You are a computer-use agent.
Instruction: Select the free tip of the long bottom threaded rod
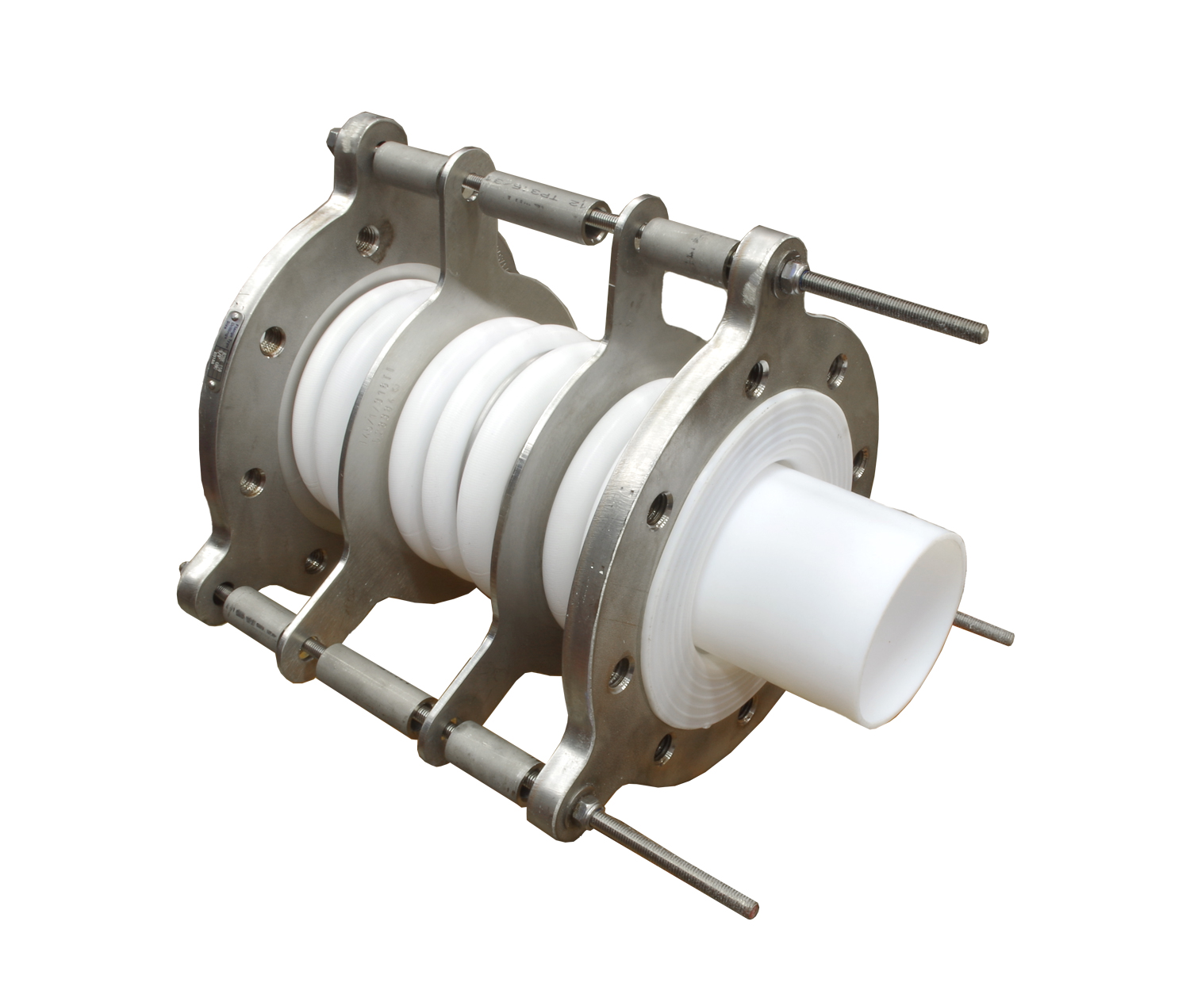pyautogui.click(x=752, y=908)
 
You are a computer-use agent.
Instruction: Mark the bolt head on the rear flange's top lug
pyautogui.click(x=329, y=145)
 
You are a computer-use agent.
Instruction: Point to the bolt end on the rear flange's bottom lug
pyautogui.click(x=184, y=568)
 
